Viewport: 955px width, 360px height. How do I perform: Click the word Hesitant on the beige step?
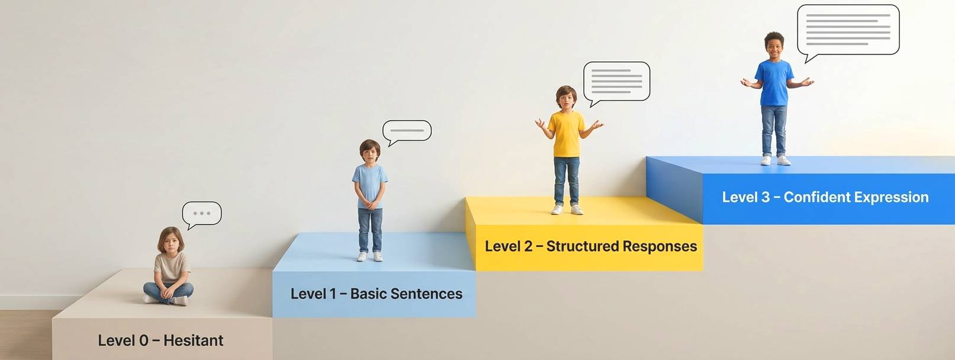pyautogui.click(x=193, y=340)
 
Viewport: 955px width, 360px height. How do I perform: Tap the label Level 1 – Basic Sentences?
pyautogui.click(x=376, y=294)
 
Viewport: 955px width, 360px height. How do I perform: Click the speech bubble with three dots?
pyautogui.click(x=202, y=213)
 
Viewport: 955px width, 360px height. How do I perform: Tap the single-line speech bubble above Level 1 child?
pyautogui.click(x=407, y=130)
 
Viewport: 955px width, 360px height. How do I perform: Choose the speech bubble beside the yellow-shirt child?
pyautogui.click(x=617, y=81)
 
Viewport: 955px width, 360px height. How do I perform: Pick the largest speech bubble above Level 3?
pyautogui.click(x=848, y=29)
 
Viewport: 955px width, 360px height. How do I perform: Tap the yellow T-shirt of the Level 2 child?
pyautogui.click(x=567, y=134)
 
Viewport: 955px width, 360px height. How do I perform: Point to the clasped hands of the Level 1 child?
pyautogui.click(x=370, y=205)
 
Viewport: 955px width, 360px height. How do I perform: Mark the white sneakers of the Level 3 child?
pyautogui.click(x=774, y=160)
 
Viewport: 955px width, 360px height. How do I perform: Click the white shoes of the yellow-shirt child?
pyautogui.click(x=567, y=210)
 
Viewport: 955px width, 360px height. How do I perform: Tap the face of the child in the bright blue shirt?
pyautogui.click(x=774, y=46)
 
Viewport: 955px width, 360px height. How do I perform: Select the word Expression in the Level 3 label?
pyautogui.click(x=893, y=197)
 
